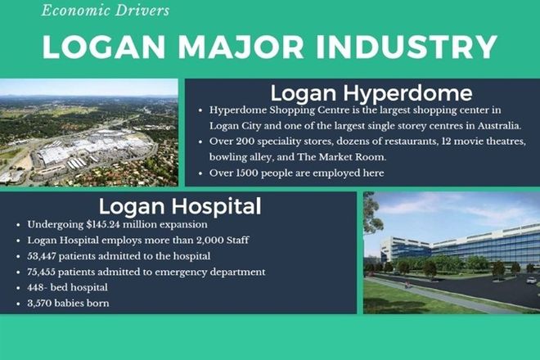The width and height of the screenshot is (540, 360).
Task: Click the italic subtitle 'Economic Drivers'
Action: point(106,10)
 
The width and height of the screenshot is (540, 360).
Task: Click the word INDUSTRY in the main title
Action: point(407,47)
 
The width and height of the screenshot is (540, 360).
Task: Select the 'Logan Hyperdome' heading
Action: point(371,93)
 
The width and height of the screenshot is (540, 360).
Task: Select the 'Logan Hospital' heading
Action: point(180,206)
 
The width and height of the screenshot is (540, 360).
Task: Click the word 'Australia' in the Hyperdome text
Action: point(498,126)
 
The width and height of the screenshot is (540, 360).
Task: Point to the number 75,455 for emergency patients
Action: point(42,272)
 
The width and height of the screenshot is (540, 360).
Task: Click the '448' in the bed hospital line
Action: point(35,287)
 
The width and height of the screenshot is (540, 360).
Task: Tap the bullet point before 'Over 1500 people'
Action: point(200,173)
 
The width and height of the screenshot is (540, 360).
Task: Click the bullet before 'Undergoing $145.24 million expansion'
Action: point(18,225)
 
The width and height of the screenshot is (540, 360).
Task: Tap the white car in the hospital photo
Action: point(531,281)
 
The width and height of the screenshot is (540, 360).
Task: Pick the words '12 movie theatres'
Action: point(484,142)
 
